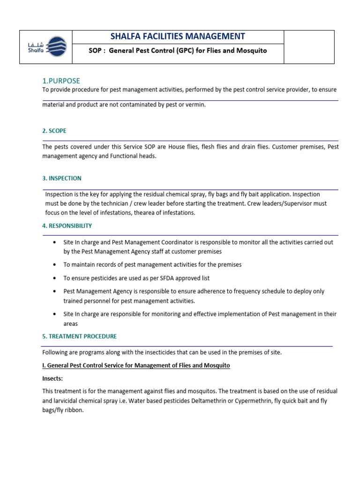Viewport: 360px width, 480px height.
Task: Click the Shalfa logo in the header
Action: point(46,47)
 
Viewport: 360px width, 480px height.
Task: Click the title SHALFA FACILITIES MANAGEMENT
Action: point(178,37)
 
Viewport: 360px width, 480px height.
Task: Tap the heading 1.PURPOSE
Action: point(61,81)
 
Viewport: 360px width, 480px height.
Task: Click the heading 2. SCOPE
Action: point(57,131)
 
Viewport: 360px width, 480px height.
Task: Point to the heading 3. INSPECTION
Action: point(62,178)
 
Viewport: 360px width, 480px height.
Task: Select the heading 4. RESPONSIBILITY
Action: point(67,225)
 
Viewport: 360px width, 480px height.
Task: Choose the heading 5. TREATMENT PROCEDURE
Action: point(79,336)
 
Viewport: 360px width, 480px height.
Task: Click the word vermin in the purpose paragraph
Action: point(195,105)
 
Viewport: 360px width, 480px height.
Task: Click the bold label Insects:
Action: point(52,378)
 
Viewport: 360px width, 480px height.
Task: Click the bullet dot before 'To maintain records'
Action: point(55,265)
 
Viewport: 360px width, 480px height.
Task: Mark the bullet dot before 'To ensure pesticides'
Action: point(55,278)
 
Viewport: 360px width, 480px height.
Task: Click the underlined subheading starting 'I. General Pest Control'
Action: point(136,365)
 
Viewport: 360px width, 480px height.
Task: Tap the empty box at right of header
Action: point(309,47)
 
